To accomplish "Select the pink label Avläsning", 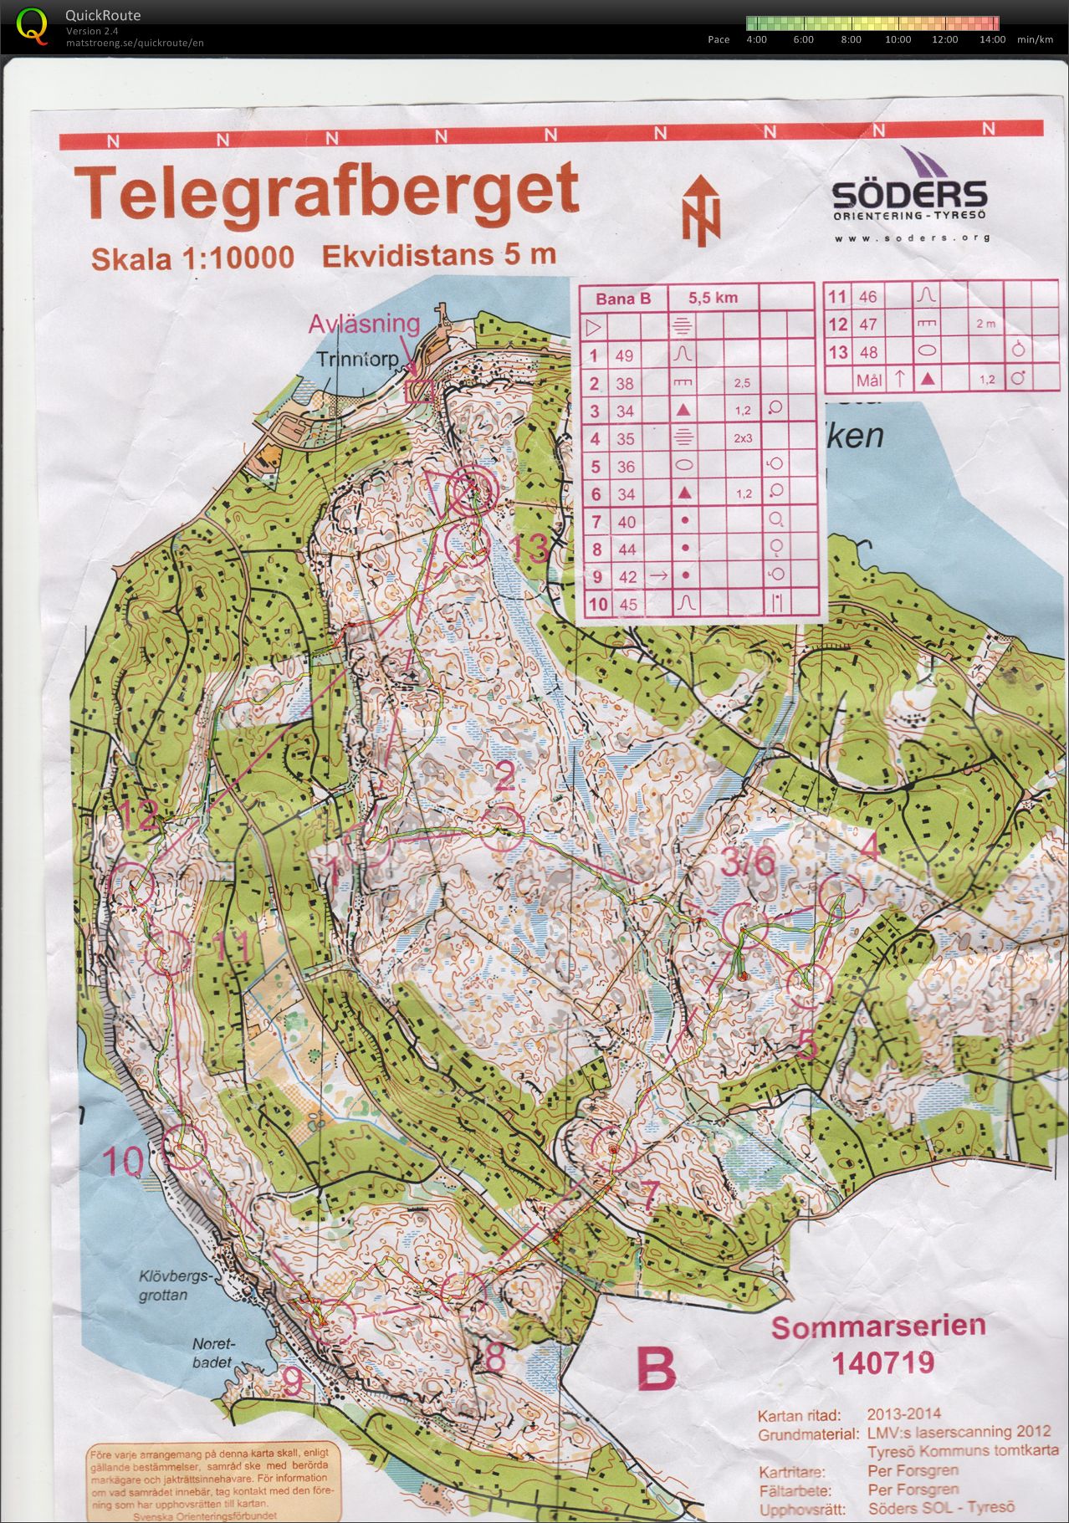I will click(x=364, y=324).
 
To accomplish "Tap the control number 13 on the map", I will click(x=529, y=549).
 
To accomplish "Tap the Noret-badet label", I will click(x=215, y=1352).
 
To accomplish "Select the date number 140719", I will click(x=882, y=1363).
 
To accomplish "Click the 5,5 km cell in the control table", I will click(x=713, y=297).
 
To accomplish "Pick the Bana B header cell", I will click(x=623, y=298).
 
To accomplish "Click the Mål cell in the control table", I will click(x=869, y=380).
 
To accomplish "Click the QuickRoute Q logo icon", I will click(x=33, y=25).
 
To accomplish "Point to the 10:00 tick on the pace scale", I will click(x=898, y=39).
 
